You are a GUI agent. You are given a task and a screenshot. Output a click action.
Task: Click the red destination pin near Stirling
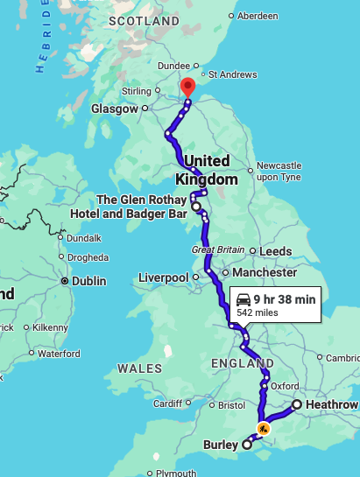pos(187,87)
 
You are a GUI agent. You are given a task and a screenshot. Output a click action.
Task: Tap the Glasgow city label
pos(115,109)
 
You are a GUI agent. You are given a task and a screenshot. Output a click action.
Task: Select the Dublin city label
pos(89,281)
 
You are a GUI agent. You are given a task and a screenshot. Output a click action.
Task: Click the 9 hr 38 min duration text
pos(286,298)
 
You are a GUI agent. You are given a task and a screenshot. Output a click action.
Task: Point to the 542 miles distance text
pos(278,313)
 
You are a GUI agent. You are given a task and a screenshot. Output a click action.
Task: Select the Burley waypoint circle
pos(246,445)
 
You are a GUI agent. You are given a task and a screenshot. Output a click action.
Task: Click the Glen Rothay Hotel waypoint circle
pos(196,207)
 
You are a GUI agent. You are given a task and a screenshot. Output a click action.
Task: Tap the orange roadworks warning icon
pos(263,429)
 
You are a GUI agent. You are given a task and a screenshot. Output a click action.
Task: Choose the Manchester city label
pos(266,272)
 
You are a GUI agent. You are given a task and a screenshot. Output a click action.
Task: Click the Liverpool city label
pos(164,277)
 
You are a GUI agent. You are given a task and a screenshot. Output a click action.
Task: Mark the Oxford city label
pos(285,386)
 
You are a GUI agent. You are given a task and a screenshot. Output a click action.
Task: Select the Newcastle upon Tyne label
pos(278,171)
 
